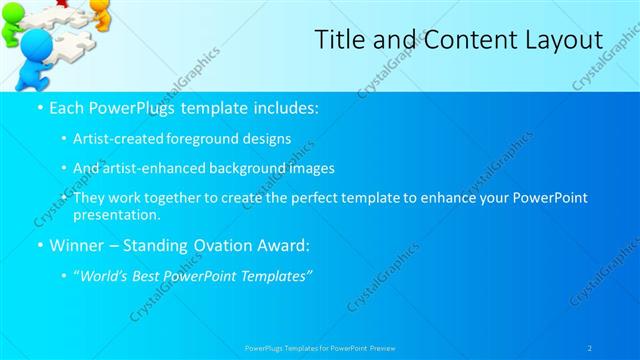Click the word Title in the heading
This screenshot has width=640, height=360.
[336, 40]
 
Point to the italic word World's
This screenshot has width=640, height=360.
[104, 275]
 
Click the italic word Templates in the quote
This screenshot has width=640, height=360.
[277, 275]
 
